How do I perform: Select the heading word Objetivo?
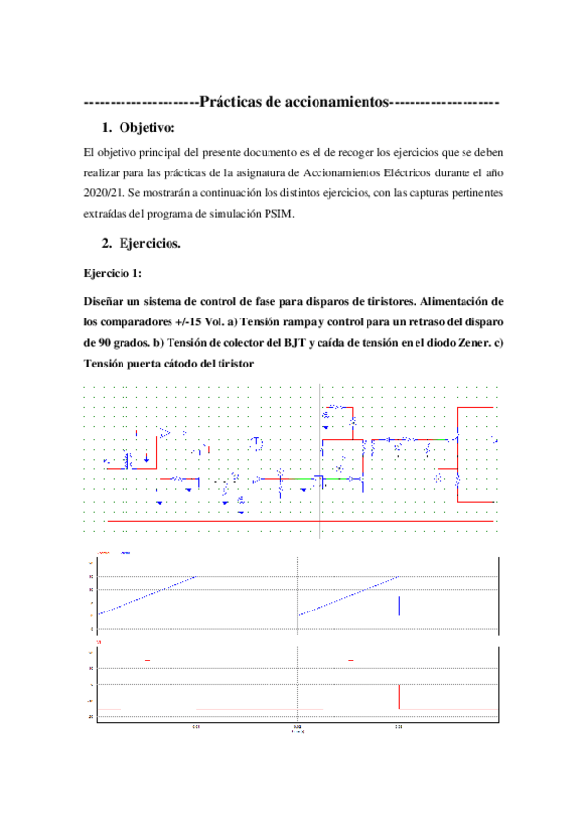147,128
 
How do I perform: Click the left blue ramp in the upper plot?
147,595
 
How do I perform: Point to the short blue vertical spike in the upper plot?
399,605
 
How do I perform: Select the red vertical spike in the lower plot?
399,696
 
